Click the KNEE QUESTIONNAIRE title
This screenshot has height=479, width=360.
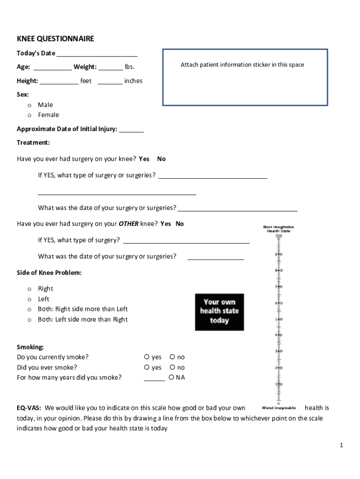(55, 39)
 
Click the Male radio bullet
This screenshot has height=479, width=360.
(29, 105)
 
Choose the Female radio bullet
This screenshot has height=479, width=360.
(29, 115)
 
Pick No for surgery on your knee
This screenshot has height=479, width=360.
(161, 159)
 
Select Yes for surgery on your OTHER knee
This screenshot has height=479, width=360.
(166, 224)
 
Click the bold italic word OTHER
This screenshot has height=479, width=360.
(129, 224)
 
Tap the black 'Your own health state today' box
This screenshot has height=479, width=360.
(219, 312)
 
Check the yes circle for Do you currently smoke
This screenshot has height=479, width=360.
(147, 357)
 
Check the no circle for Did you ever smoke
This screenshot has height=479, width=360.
(172, 368)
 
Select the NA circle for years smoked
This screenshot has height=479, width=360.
(172, 377)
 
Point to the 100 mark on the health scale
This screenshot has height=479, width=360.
(279, 236)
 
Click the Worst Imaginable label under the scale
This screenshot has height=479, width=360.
(279, 408)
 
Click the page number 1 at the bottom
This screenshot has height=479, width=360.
(342, 445)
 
